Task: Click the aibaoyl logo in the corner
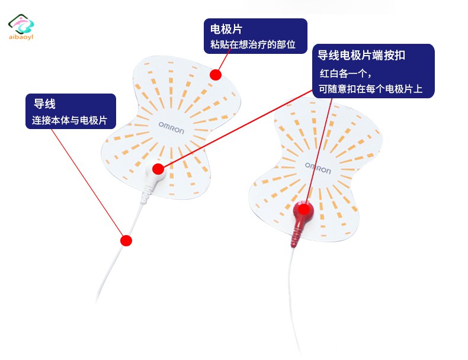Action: click(x=21, y=27)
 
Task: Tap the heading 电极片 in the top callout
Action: click(x=226, y=29)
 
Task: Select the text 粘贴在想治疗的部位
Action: click(x=253, y=44)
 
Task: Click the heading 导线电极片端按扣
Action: click(x=361, y=55)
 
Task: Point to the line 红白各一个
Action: click(x=345, y=73)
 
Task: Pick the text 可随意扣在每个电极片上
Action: click(x=370, y=89)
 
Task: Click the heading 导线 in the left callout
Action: click(x=44, y=104)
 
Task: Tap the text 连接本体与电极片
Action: click(x=69, y=120)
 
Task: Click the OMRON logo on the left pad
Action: click(x=171, y=128)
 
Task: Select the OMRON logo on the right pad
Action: click(x=318, y=168)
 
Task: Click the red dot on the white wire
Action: click(x=126, y=240)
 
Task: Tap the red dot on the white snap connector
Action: click(x=158, y=169)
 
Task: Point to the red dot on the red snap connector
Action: click(x=304, y=210)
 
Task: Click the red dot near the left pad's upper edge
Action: click(x=216, y=75)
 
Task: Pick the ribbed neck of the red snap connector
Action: click(x=296, y=236)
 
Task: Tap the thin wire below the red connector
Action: click(x=293, y=298)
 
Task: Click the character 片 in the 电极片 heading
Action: click(x=237, y=29)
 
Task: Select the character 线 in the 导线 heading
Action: click(x=50, y=104)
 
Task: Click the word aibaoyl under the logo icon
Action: click(x=21, y=37)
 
